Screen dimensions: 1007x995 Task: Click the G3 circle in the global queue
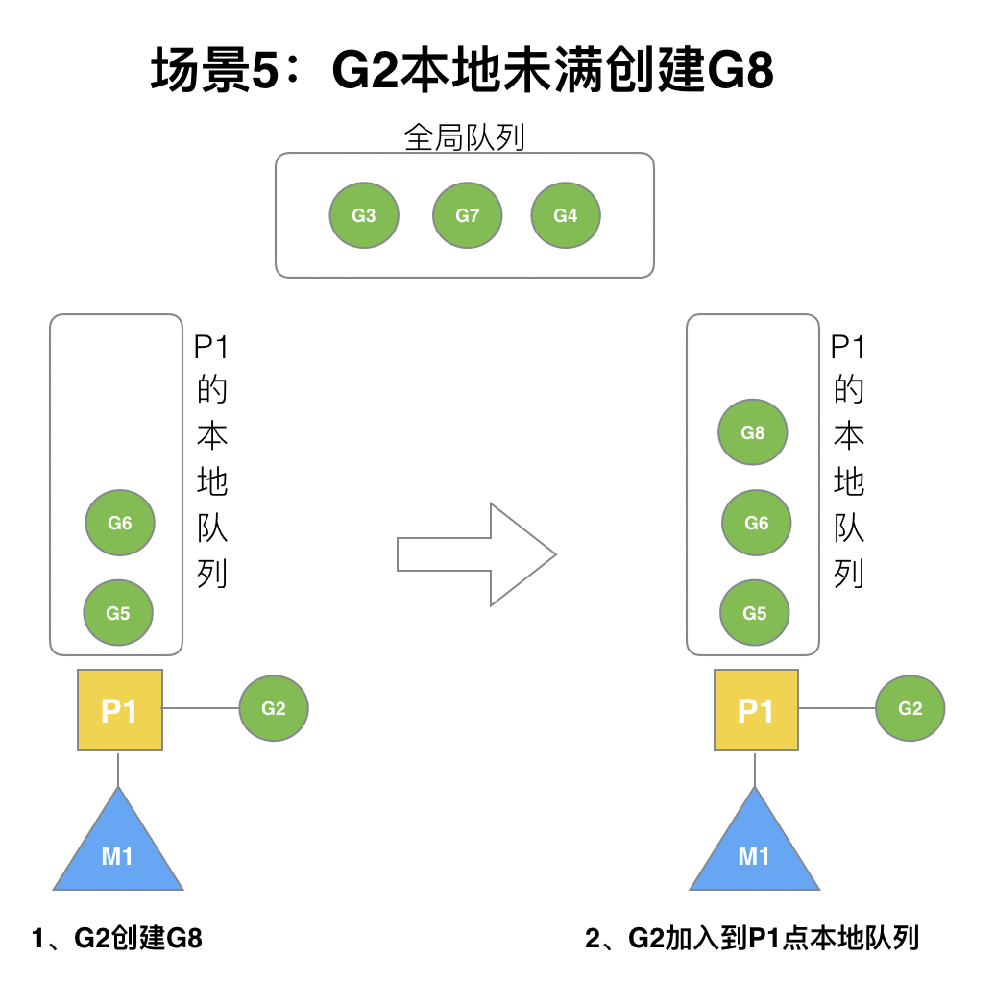364,215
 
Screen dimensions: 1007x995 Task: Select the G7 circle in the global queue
468,215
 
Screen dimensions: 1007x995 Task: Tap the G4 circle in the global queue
566,215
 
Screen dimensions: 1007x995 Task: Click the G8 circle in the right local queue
753,432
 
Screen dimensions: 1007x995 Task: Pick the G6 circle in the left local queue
120,523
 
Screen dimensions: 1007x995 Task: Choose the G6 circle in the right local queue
757,523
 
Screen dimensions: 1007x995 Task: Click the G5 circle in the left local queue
118,612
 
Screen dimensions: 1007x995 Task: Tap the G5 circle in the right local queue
755,612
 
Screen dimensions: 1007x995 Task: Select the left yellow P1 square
119,711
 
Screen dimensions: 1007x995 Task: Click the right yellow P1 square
756,711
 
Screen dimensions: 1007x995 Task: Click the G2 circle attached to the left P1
274,709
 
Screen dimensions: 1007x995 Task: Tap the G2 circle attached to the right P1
910,709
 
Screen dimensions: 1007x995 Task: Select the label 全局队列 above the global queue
465,137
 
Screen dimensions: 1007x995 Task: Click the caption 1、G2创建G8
117,938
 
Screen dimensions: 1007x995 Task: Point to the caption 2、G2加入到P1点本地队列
752,938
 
